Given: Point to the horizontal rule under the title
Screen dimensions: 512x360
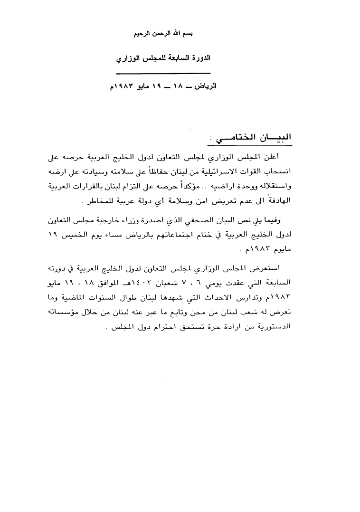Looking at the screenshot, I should tap(156, 73).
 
